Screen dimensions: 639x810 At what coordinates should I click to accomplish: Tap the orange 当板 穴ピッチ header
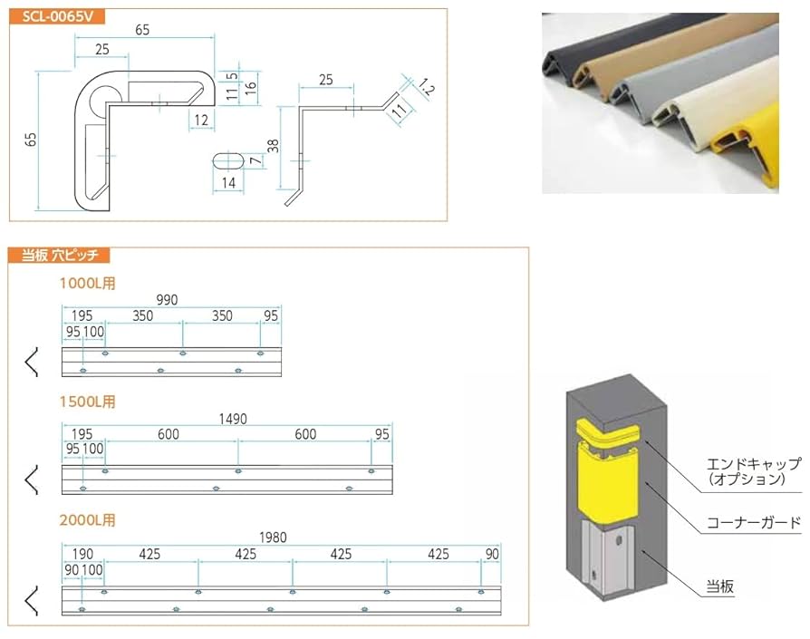tap(59, 256)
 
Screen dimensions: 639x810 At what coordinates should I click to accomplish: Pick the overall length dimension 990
tap(167, 299)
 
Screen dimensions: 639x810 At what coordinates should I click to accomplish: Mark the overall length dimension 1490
tap(234, 419)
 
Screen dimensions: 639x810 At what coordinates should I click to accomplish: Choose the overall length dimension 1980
tap(273, 537)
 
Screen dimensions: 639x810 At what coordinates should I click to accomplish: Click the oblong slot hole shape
tap(228, 160)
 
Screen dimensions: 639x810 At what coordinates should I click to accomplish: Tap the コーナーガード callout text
tap(754, 522)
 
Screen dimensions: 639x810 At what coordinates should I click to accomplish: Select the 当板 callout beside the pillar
tap(720, 586)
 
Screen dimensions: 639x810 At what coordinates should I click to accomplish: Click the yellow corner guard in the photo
tap(750, 145)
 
